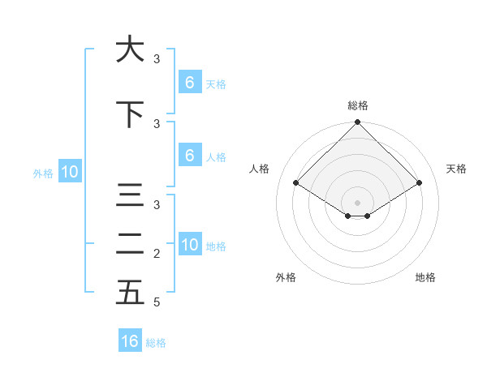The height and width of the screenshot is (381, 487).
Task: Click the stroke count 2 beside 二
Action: (157, 254)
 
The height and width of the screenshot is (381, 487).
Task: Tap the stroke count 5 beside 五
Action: (157, 302)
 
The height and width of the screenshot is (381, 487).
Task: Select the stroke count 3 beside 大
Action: (157, 59)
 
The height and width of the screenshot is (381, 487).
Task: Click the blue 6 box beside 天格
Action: (189, 83)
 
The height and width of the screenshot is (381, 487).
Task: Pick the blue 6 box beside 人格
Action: (189, 156)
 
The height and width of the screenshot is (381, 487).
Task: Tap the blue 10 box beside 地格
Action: (190, 245)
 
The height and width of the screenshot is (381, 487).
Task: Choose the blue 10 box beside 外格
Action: (70, 172)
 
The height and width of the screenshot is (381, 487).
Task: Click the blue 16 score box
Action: (130, 341)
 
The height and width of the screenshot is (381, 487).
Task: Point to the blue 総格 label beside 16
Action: (156, 343)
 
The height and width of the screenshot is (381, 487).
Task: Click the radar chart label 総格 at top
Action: (357, 105)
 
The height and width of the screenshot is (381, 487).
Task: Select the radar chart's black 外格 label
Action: (286, 277)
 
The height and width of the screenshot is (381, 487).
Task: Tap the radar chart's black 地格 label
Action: (425, 277)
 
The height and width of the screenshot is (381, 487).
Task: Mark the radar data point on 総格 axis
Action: (357, 122)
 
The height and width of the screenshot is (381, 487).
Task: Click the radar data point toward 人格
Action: (295, 182)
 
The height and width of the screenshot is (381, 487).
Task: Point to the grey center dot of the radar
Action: (357, 202)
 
